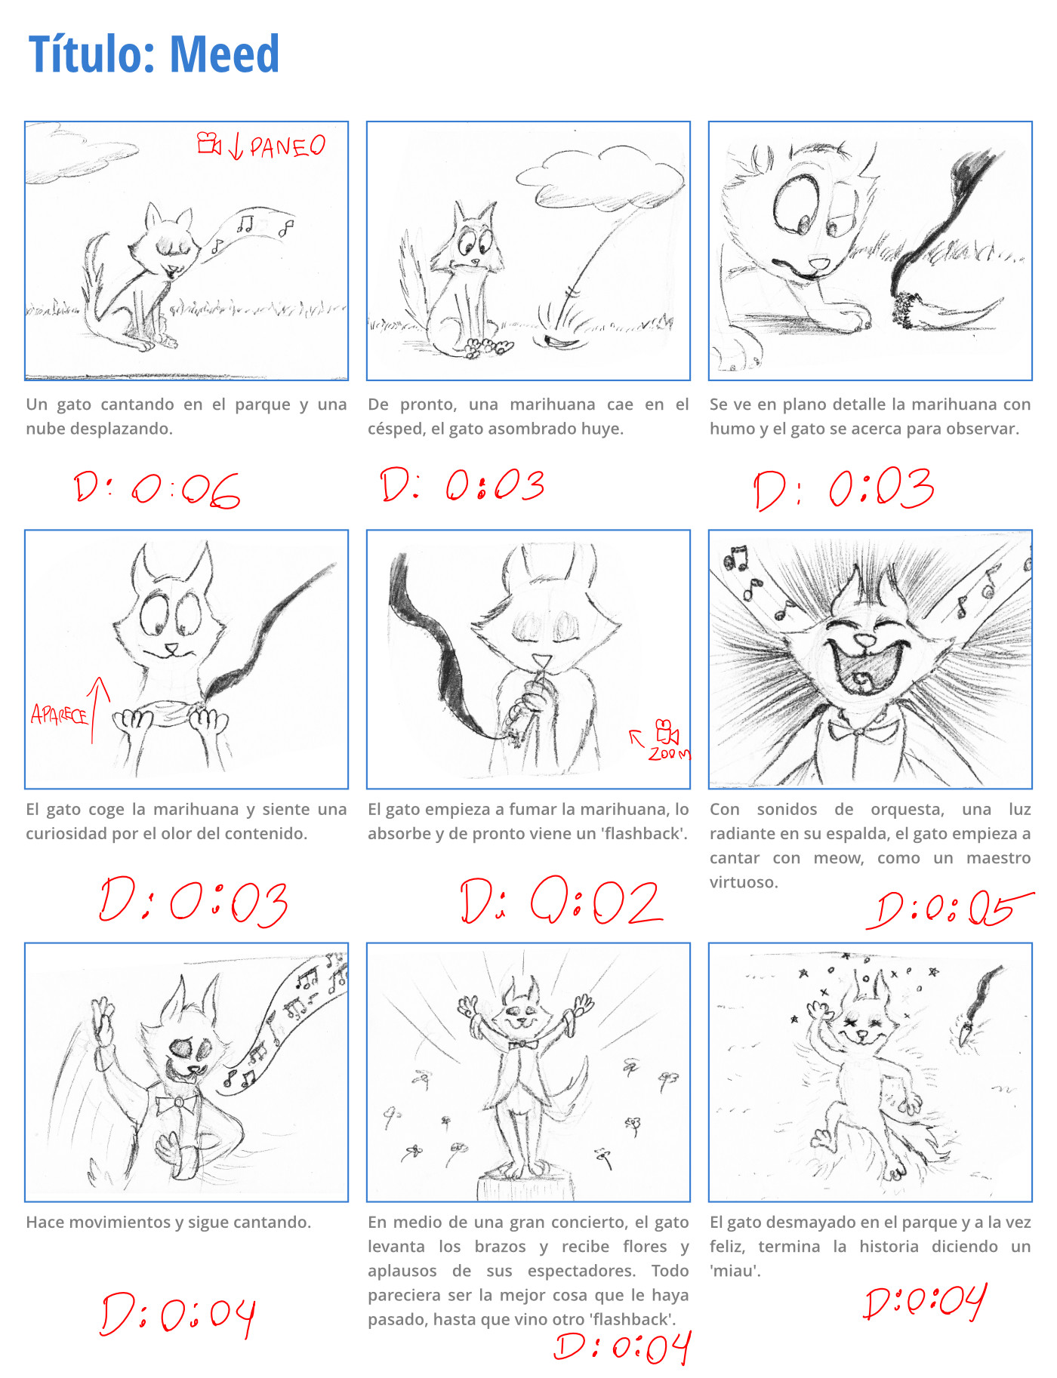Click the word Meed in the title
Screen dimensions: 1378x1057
224,54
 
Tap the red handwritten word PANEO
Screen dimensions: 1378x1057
288,146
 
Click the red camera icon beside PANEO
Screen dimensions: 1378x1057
209,143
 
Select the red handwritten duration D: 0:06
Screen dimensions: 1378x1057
157,490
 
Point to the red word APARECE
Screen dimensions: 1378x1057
59,714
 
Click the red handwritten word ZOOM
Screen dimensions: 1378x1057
669,753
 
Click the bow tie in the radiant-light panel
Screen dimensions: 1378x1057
859,731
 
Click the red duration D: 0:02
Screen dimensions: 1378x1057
561,901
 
